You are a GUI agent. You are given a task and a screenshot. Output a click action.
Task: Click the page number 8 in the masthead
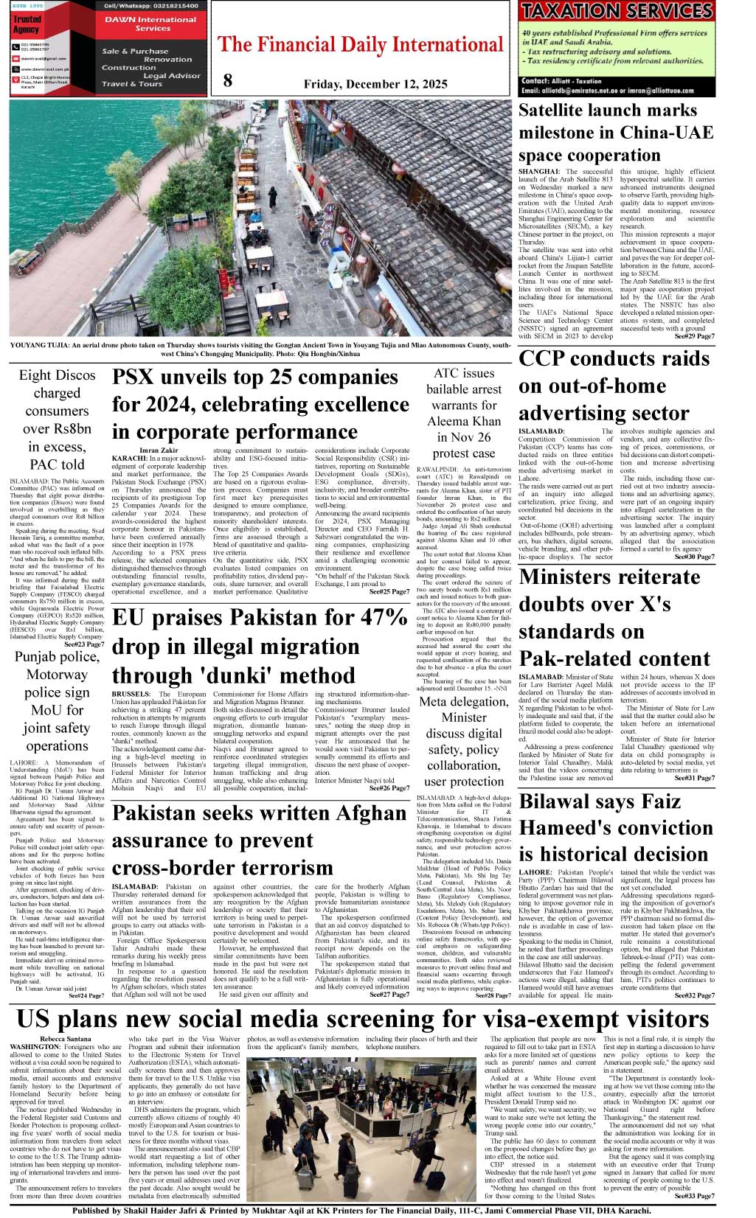point(228,80)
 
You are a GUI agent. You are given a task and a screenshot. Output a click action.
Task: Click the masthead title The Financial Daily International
point(361,45)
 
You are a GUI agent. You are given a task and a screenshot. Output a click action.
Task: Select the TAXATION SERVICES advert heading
point(617,11)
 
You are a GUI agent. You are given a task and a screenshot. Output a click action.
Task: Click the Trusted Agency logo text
point(27,24)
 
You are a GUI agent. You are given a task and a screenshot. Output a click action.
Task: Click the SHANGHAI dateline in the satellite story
point(539,171)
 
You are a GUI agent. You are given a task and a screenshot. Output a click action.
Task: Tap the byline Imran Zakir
point(159,450)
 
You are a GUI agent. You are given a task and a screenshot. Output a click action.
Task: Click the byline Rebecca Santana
point(66,1039)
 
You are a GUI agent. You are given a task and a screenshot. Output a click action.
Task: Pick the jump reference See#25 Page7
point(389,591)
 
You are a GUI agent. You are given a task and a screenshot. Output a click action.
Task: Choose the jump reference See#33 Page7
point(694,1195)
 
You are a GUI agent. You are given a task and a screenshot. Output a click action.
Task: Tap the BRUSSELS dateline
point(133,694)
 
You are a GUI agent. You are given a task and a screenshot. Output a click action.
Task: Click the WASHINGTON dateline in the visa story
point(35,1047)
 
